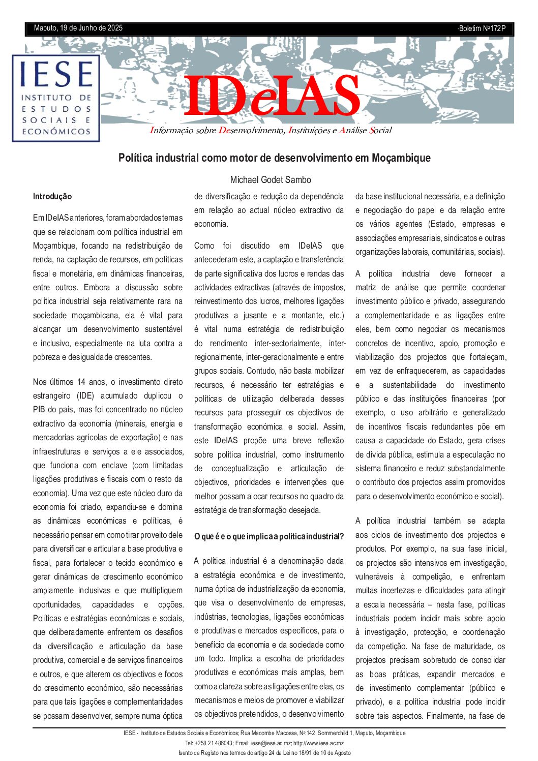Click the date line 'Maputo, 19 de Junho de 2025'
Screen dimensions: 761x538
[78, 28]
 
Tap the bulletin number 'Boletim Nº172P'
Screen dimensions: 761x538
[482, 28]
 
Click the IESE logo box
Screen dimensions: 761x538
[56, 98]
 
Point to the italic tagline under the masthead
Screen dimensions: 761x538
[271, 131]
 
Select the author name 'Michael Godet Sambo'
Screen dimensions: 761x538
[271, 180]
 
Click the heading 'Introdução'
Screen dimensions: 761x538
[52, 197]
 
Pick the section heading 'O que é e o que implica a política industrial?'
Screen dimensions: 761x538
[269, 537]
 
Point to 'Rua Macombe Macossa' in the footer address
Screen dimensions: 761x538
[268, 734]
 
